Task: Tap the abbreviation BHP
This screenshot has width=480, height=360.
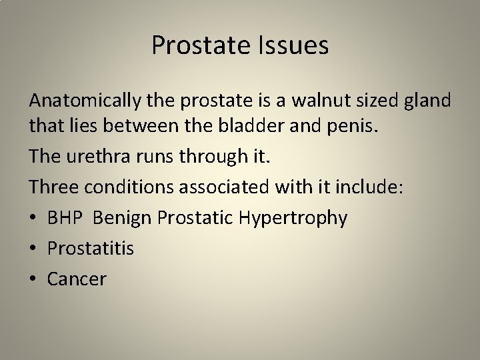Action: (66, 219)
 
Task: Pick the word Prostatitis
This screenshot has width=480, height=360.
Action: (91, 249)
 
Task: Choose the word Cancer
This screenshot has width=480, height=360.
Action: (77, 279)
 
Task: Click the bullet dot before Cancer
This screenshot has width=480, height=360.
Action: (33, 279)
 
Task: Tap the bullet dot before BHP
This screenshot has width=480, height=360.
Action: (33, 219)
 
